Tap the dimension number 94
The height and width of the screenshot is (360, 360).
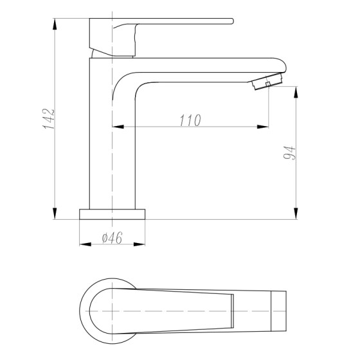pyautogui.click(x=289, y=153)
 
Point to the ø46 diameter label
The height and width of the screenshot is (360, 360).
pyautogui.click(x=112, y=238)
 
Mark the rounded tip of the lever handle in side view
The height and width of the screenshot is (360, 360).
pyautogui.click(x=230, y=21)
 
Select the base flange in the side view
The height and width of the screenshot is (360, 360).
pyautogui.click(x=113, y=214)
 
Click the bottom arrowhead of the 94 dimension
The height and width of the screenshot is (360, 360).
pyautogui.click(x=295, y=215)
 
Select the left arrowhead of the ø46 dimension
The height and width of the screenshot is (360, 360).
pyautogui.click(x=83, y=244)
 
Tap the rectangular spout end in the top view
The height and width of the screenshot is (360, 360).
pyautogui.click(x=278, y=312)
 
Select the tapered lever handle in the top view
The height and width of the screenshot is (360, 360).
pyautogui.click(x=186, y=312)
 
